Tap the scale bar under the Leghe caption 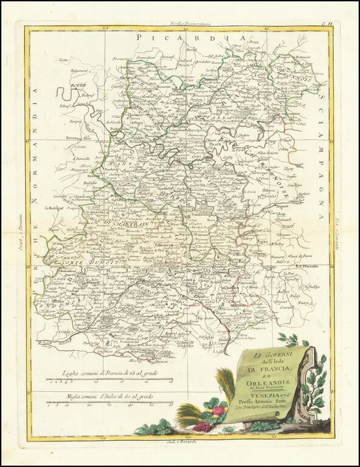point(109,381)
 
